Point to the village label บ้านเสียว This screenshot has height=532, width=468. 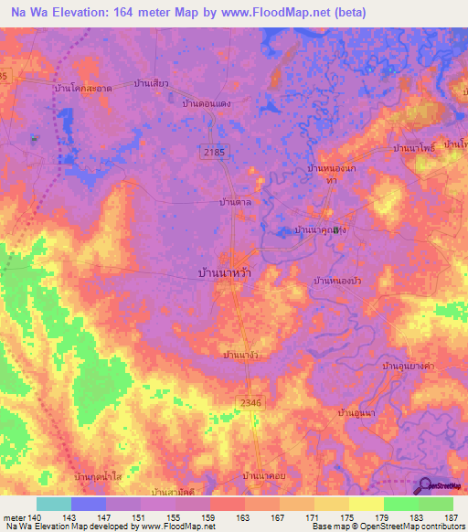[151, 83]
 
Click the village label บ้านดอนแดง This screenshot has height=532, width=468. [206, 104]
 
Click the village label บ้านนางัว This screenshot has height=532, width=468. [244, 353]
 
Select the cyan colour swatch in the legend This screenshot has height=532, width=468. [53, 504]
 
